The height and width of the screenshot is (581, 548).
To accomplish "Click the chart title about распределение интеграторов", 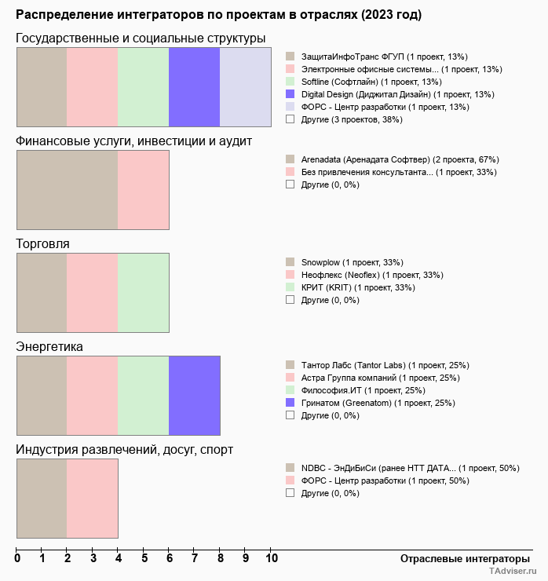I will (218, 15).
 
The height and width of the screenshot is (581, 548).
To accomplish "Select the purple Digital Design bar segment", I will (194, 86).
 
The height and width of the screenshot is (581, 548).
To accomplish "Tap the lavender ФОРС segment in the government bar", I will (245, 86).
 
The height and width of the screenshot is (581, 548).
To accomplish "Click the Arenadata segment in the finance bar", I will (67, 189).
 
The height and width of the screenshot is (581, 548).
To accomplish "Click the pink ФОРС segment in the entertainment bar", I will (92, 498).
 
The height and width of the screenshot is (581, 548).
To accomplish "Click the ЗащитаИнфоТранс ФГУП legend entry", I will (384, 57).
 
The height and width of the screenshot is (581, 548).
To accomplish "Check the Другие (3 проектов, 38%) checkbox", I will (290, 119).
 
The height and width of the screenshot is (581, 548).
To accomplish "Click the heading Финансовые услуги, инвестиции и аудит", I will (133, 141).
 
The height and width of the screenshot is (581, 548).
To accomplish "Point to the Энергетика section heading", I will (49, 347).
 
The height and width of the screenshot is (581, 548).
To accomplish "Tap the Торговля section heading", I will (42, 244).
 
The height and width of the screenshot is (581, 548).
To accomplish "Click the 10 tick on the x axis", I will (271, 559).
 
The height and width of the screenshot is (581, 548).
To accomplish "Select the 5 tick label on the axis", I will (144, 559).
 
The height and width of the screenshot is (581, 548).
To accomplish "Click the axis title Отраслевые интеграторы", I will (460, 558).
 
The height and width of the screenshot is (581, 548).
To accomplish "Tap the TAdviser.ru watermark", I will (512, 572).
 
